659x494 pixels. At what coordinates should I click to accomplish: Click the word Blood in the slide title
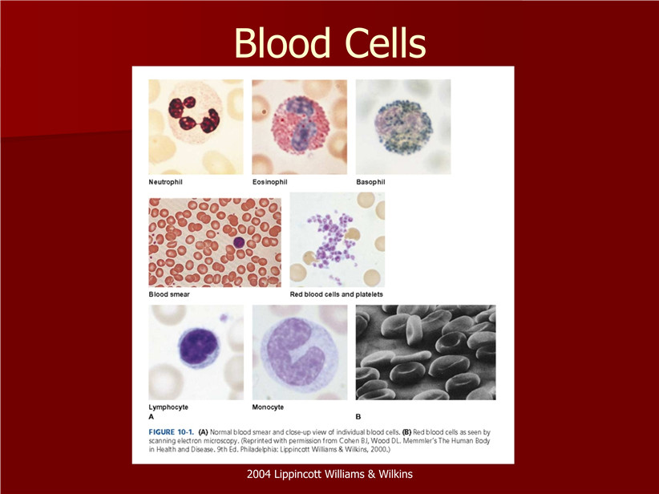pos(282,43)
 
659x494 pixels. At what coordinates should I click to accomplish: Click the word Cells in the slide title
pos(386,43)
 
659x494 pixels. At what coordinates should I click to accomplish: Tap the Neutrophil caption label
pos(166,182)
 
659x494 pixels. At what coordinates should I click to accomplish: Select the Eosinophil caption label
pos(270,182)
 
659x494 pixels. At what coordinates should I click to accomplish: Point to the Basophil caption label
pos(370,182)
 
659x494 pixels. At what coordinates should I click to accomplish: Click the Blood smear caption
pos(169,294)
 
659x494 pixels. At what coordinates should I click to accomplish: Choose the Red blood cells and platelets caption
pos(336,294)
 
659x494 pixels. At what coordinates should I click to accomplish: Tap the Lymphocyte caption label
pos(168,407)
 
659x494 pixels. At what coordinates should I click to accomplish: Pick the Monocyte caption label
pos(268,407)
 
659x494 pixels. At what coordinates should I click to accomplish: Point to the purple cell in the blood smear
pos(239,242)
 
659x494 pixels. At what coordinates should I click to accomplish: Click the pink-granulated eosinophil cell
pos(300,125)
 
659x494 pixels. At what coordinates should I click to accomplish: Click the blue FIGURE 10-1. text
pos(171,431)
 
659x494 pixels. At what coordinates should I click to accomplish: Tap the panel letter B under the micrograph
pos(358,417)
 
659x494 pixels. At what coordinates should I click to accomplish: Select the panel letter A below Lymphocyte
pos(152,417)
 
